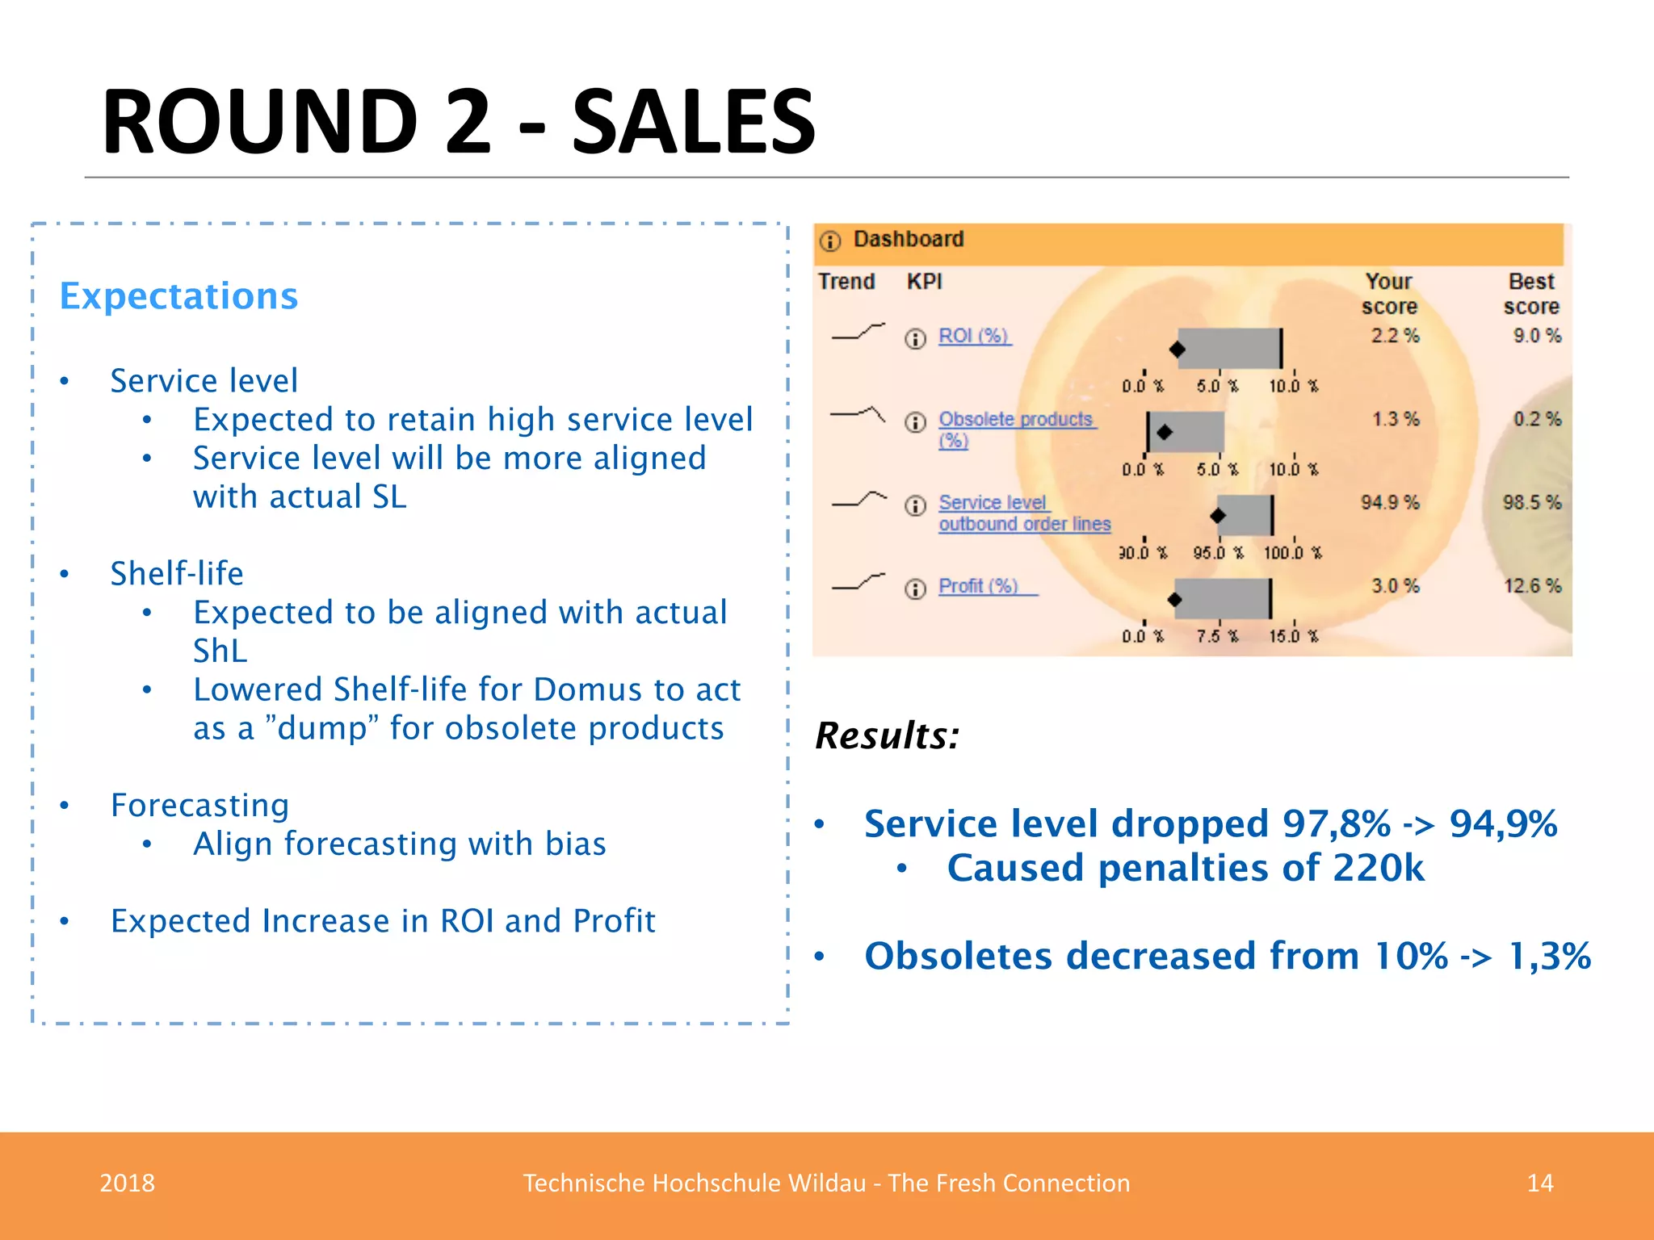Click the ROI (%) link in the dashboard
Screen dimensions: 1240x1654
[973, 336]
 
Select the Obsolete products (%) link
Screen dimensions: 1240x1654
[1015, 420]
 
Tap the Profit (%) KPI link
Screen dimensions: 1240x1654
[978, 586]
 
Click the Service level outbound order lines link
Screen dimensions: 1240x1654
[1023, 513]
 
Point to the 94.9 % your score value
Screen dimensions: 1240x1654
[1389, 502]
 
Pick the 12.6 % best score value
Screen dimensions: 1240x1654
[1531, 586]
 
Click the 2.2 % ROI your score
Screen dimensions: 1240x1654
[1394, 336]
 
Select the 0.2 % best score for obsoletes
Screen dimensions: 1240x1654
[1536, 420]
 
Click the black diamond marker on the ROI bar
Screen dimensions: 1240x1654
[1178, 350]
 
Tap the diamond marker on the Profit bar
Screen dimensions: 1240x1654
[1175, 599]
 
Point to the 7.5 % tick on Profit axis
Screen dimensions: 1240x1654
[1217, 636]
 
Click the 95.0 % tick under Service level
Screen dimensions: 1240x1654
[1218, 553]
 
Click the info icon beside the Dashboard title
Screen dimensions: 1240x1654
[830, 241]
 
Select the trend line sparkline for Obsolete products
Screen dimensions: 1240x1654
[858, 415]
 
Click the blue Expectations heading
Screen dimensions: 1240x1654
[178, 296]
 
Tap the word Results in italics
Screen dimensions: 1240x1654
[886, 735]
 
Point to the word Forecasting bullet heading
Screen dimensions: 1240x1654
[199, 806]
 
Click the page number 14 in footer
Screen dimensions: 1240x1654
[1539, 1183]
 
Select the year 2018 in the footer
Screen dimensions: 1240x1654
[127, 1183]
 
